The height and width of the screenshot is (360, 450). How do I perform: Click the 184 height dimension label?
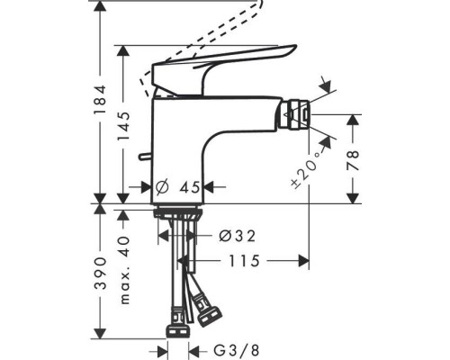[x=102, y=92]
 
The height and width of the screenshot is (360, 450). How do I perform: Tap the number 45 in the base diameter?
[x=188, y=187]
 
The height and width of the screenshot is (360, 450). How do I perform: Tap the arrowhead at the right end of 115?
[x=306, y=261]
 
